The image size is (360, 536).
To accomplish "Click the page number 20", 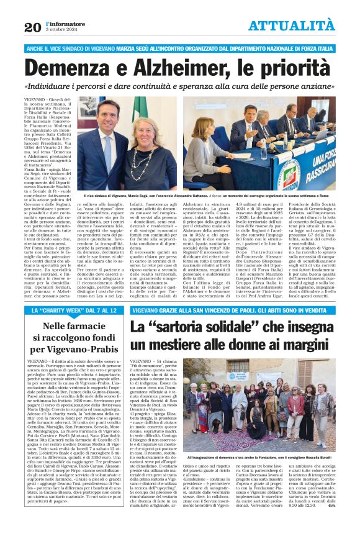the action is tap(32, 27).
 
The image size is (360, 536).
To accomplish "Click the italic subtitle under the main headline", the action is tap(179, 86).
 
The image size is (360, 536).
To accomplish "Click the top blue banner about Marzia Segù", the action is tap(179, 48).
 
